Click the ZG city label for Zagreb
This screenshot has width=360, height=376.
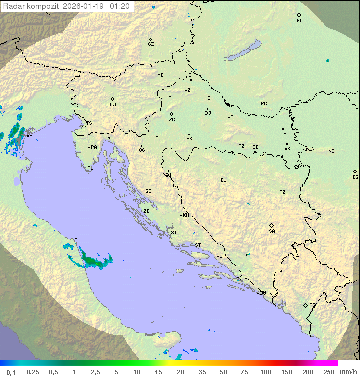coord(172,120)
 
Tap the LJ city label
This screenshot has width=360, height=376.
coord(113,105)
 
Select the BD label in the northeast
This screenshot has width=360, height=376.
coord(299,21)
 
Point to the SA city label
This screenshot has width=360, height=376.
coord(272,231)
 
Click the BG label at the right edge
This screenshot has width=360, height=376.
coord(355,177)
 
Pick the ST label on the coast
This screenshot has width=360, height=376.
coord(198,245)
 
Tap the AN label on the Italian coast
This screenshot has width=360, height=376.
coord(77,240)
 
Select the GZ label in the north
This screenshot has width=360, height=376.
coord(151,44)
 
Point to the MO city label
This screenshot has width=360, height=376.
coord(251,255)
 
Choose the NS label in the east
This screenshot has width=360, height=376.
coord(331,151)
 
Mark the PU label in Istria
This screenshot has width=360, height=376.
coord(90,168)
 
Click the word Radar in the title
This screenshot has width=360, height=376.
coord(12,6)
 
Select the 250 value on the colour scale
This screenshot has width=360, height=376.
coord(328,371)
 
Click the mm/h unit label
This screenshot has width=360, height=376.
coord(348,371)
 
